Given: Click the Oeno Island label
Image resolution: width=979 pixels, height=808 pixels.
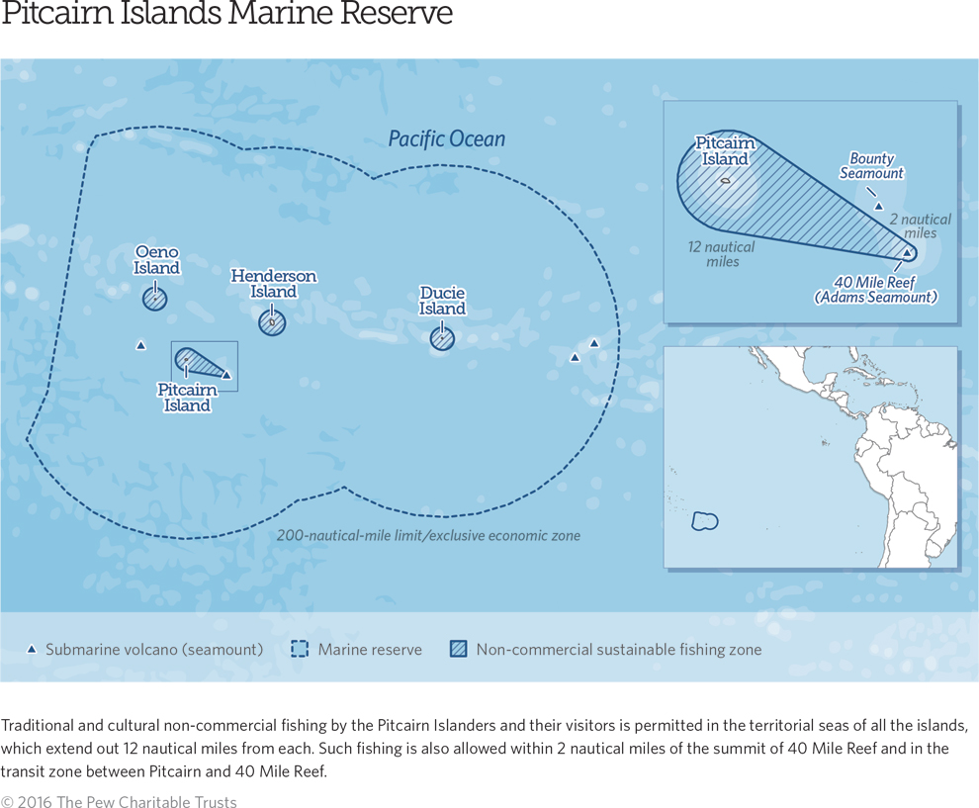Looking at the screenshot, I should [x=156, y=260].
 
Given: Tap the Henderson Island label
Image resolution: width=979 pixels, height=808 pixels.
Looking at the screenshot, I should [x=274, y=284].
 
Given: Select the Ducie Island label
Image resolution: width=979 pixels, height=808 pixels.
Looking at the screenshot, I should [x=442, y=301].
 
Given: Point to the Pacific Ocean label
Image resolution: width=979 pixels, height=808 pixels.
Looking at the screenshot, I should [x=446, y=139].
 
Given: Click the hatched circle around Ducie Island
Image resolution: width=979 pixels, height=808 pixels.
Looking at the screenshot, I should [x=442, y=338].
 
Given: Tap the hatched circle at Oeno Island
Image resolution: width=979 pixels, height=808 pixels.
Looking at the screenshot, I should [x=154, y=298].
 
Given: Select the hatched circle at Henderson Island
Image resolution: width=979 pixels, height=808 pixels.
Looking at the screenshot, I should [x=272, y=322].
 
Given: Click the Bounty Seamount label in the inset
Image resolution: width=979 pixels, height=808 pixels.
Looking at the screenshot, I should [x=871, y=166].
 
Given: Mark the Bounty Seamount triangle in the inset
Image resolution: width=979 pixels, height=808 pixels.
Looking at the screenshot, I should [x=878, y=206].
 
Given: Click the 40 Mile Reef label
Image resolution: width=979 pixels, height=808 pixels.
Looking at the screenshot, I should [x=875, y=290].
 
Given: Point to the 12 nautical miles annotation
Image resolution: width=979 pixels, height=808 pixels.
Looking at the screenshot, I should [x=722, y=254].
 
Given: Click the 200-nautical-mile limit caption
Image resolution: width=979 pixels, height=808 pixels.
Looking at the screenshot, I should [x=428, y=536].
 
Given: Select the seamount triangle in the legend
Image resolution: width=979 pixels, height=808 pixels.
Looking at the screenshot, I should [x=31, y=650].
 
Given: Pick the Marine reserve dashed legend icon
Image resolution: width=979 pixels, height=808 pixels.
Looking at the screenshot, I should [x=300, y=650].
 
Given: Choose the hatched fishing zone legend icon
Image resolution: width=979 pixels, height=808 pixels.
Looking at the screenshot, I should [x=459, y=650].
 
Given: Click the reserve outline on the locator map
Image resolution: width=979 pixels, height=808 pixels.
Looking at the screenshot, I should [x=704, y=520].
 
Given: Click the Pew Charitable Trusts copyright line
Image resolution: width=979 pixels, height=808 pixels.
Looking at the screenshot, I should [x=119, y=801].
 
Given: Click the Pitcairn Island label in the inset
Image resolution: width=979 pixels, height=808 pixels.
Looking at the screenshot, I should [x=725, y=151].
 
